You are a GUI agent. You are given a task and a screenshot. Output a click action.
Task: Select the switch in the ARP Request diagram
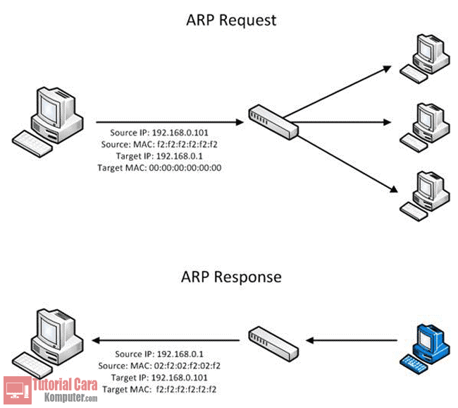pos(273,121)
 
